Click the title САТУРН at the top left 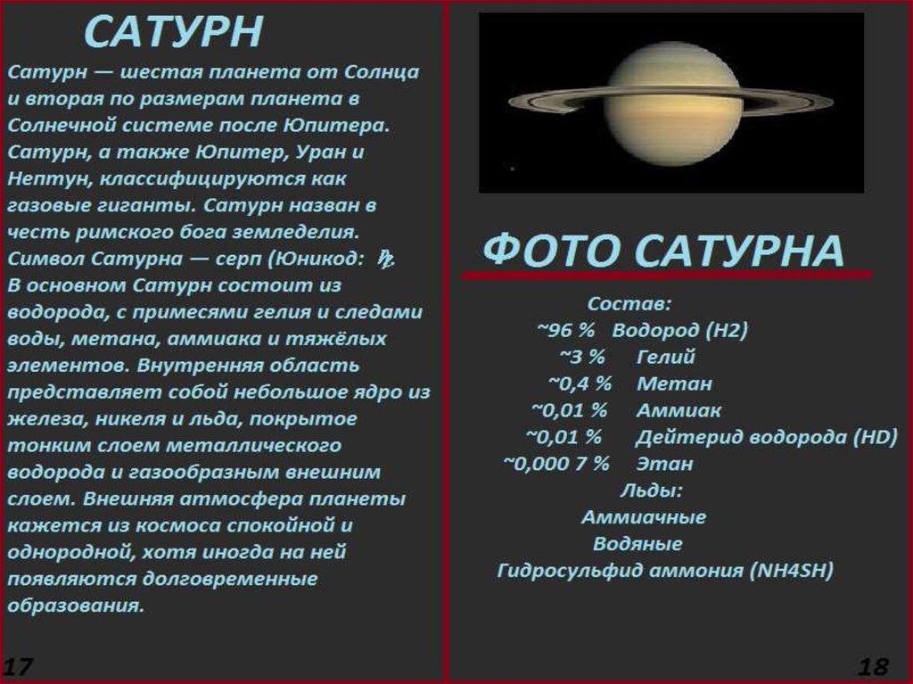(x=174, y=33)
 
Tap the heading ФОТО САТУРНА (x=663, y=251)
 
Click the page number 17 (x=18, y=666)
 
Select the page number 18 (x=874, y=666)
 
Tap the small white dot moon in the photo (x=513, y=169)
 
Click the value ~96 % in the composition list (x=566, y=330)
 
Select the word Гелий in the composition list (x=665, y=357)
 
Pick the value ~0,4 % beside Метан (x=580, y=383)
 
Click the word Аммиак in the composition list (x=679, y=410)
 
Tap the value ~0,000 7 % (x=556, y=464)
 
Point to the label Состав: (x=629, y=303)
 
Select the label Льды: (x=651, y=490)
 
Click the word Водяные (x=637, y=544)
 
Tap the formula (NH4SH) (x=792, y=571)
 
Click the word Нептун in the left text (x=46, y=178)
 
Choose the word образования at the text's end (x=75, y=606)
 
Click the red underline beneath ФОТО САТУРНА (x=667, y=275)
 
